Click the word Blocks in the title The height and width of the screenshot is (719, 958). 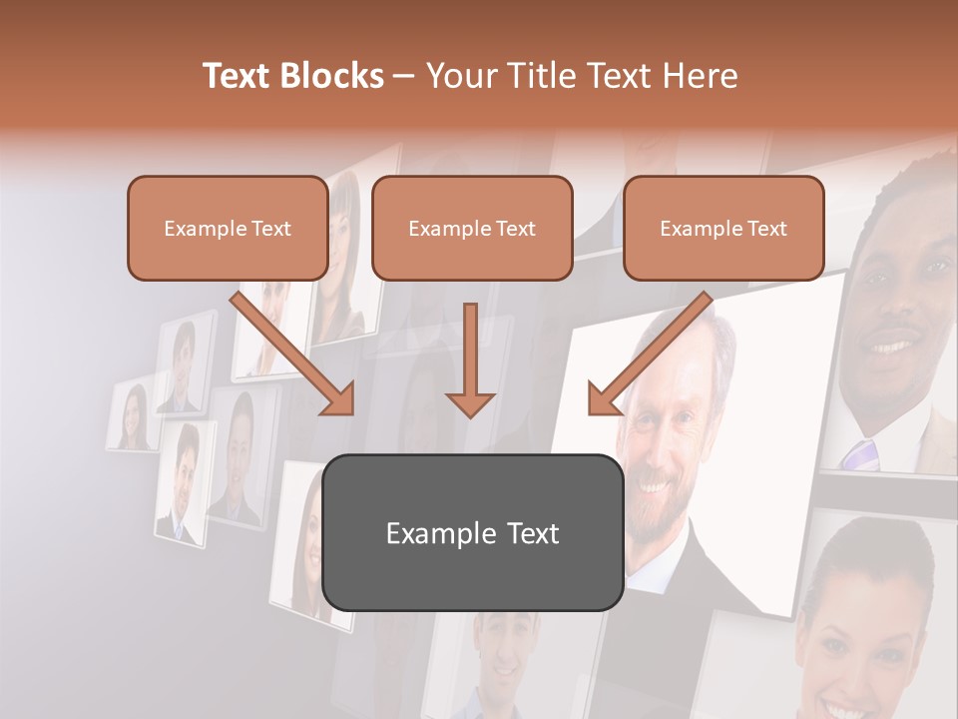pos(333,76)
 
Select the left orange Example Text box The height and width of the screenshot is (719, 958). pos(228,228)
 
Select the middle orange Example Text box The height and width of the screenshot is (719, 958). pos(472,228)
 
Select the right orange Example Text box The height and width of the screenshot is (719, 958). pos(723,228)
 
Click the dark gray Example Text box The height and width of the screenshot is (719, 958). pos(472,532)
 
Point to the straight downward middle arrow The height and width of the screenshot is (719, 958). pos(470,359)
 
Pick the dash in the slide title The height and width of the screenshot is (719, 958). pos(404,76)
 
